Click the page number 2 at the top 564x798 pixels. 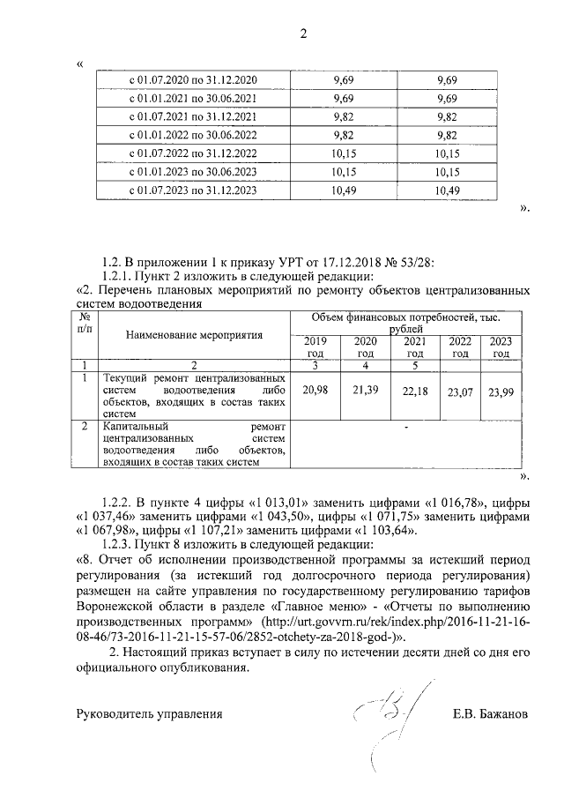click(304, 34)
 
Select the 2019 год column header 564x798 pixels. click(315, 347)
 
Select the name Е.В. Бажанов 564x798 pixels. click(488, 713)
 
